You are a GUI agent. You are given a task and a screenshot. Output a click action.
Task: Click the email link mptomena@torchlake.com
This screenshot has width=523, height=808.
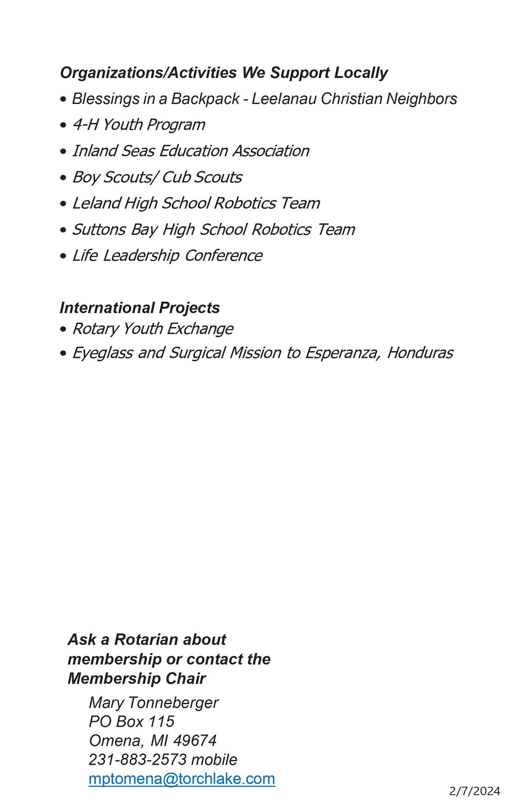click(182, 779)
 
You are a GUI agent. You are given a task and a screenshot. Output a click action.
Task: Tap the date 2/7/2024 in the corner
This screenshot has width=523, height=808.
click(474, 791)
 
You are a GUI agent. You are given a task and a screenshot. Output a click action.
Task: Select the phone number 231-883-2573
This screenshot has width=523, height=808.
click(138, 759)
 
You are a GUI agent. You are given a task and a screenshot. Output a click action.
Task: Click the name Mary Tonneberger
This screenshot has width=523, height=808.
click(154, 703)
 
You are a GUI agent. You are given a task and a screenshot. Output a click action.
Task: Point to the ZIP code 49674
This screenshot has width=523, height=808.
click(195, 740)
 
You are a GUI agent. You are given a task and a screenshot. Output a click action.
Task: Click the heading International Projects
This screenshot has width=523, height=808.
click(140, 308)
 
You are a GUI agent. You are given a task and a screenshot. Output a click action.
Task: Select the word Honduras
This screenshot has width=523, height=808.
click(420, 353)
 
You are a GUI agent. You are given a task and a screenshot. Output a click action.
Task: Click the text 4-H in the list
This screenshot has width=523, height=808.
click(85, 125)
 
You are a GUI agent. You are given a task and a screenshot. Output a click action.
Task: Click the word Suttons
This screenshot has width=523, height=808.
click(99, 229)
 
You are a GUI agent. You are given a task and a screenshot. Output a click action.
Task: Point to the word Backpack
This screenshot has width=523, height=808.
click(205, 99)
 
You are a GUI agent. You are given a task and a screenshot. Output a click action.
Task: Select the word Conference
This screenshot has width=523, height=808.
click(223, 256)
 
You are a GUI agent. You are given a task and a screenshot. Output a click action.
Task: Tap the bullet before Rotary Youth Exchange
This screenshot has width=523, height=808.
click(63, 329)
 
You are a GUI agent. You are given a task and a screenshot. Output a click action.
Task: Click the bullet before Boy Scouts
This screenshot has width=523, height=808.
click(63, 178)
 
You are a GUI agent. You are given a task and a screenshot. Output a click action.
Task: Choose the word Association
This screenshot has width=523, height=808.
click(271, 151)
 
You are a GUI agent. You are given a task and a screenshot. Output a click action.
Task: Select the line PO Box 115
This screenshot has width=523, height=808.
click(131, 721)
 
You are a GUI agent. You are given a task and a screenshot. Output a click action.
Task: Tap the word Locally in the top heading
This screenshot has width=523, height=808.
click(361, 73)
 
